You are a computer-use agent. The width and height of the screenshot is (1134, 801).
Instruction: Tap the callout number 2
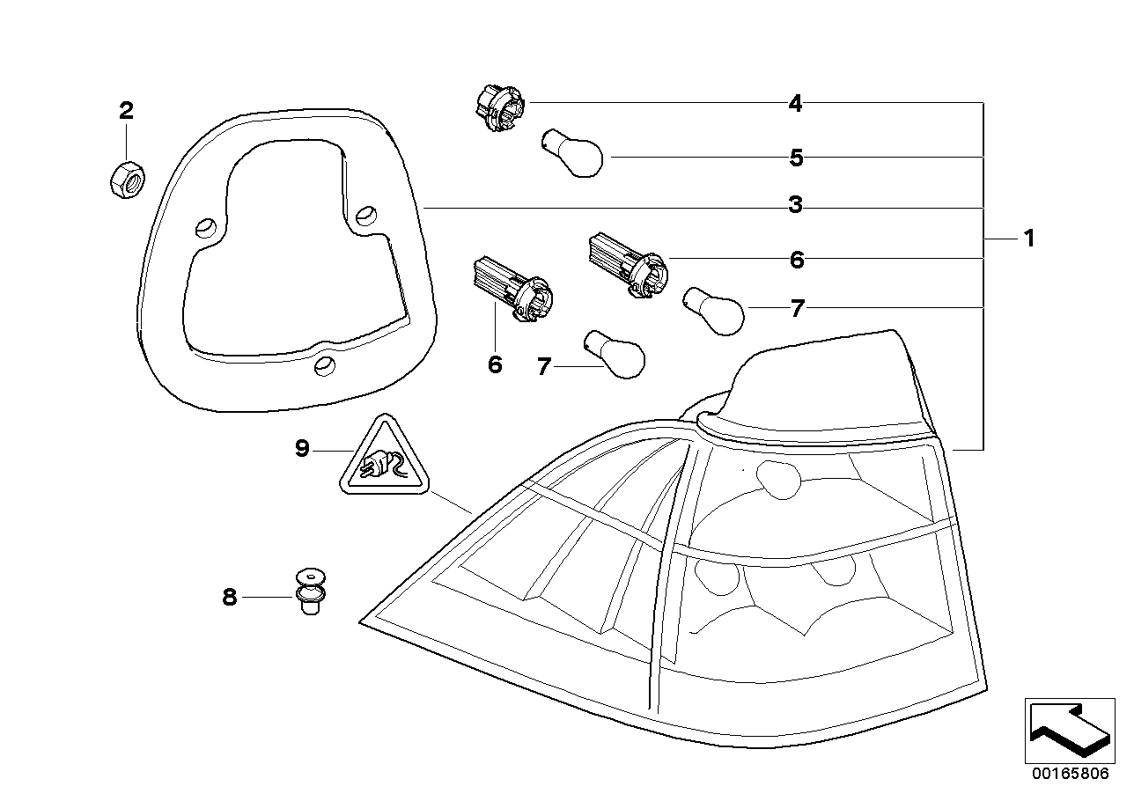tap(126, 111)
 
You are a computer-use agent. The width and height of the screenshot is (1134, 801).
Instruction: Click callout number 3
tap(795, 206)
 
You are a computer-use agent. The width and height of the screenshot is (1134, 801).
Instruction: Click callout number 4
tap(795, 104)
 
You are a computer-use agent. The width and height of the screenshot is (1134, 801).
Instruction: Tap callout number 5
tap(796, 158)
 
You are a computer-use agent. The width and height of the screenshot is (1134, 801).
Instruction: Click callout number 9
tap(302, 450)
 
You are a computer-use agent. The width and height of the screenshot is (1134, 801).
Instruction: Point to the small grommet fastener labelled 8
tap(309, 592)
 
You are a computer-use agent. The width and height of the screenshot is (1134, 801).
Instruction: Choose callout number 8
tap(229, 598)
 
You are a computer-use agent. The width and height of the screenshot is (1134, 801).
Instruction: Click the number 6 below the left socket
tap(495, 364)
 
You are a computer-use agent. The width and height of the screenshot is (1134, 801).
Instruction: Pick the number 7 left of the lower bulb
tap(543, 367)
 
